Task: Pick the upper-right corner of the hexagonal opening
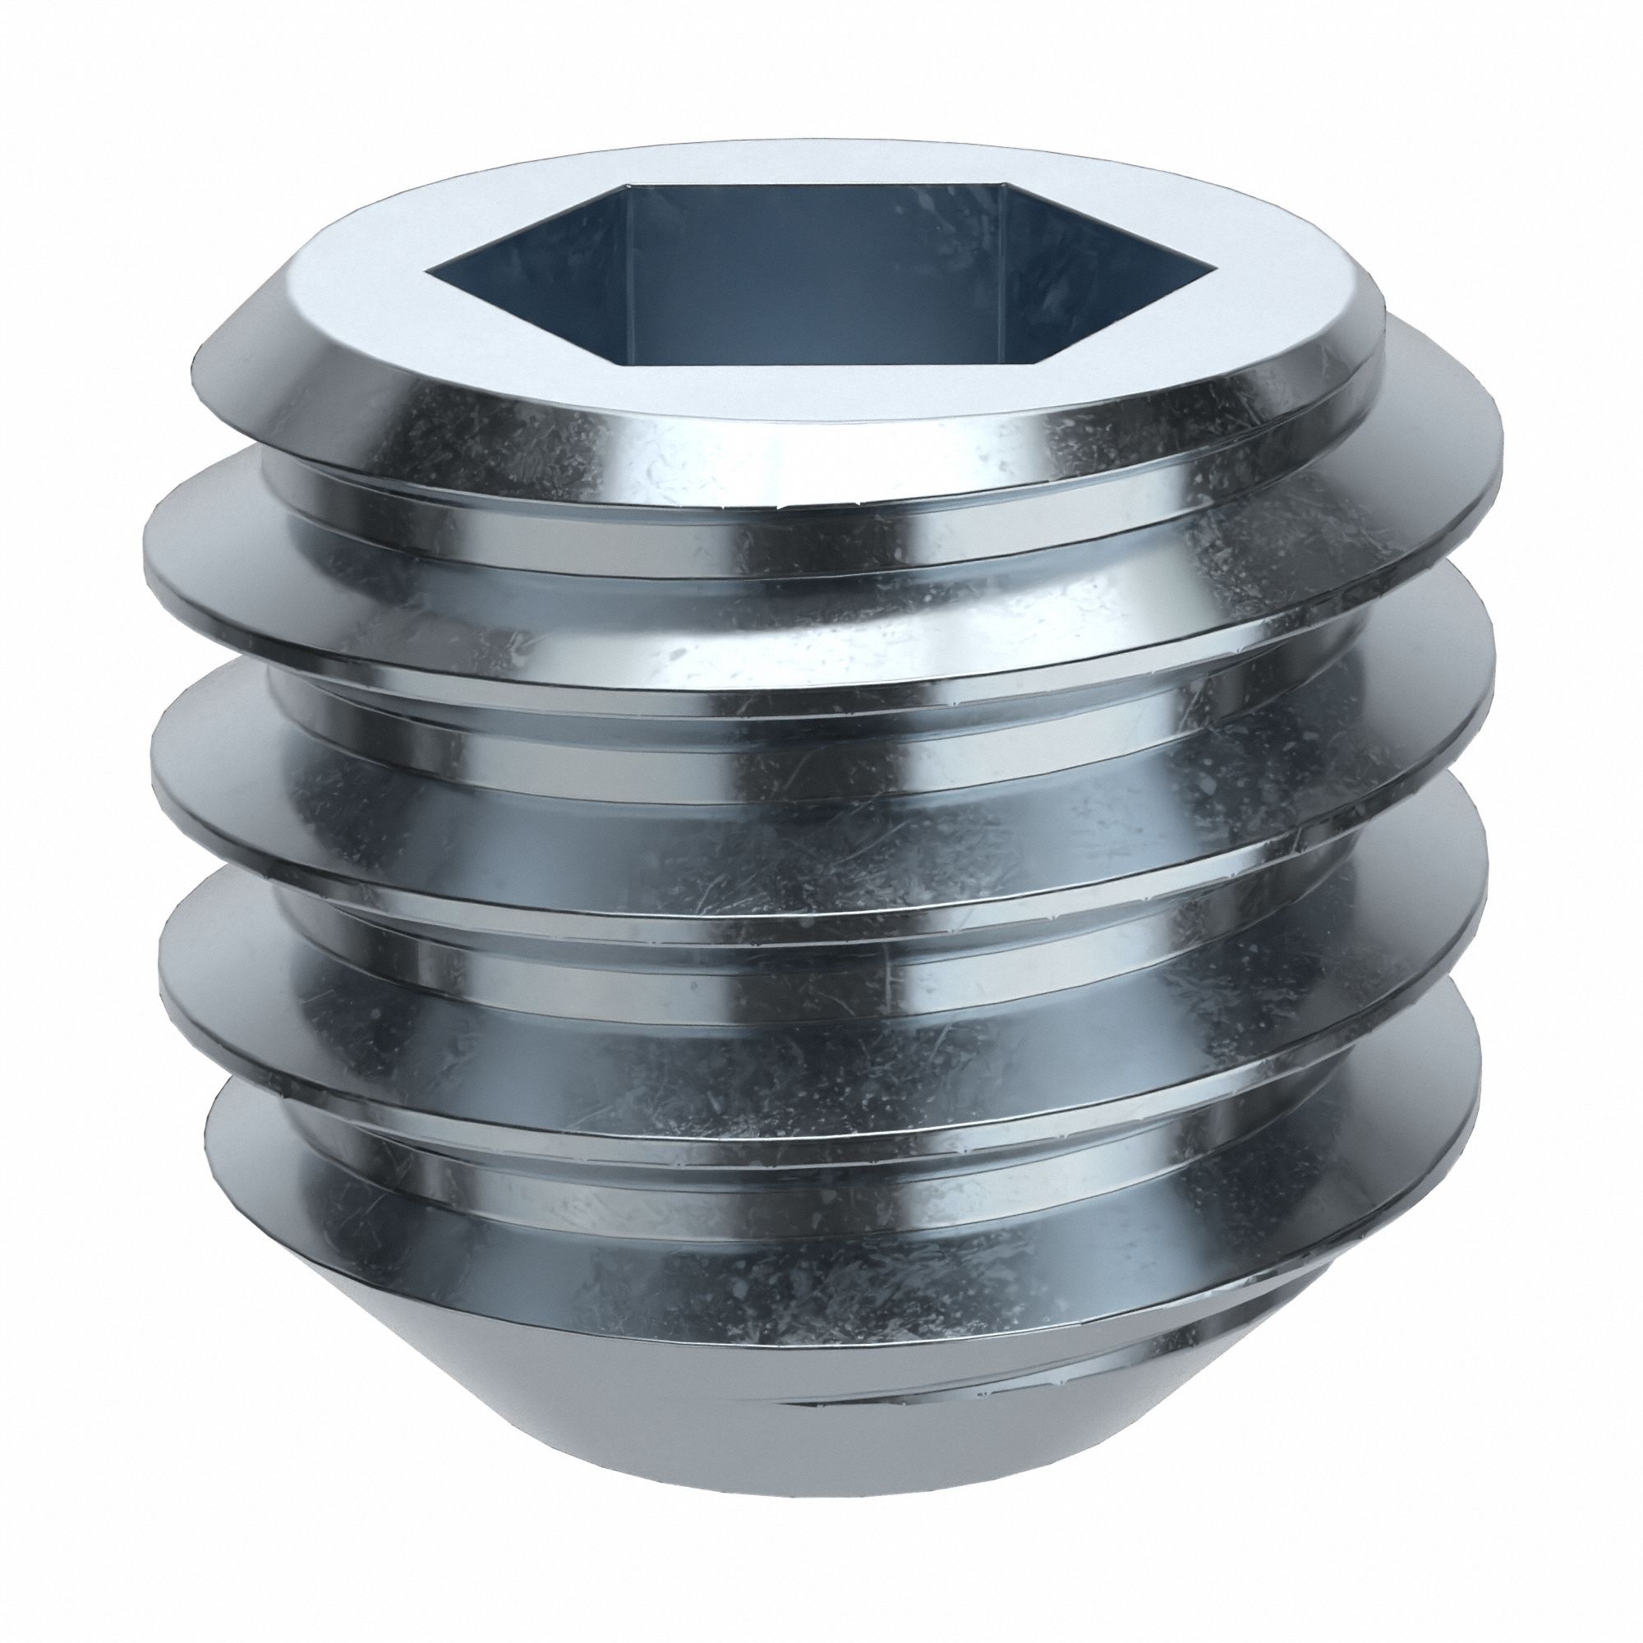tap(1004, 184)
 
